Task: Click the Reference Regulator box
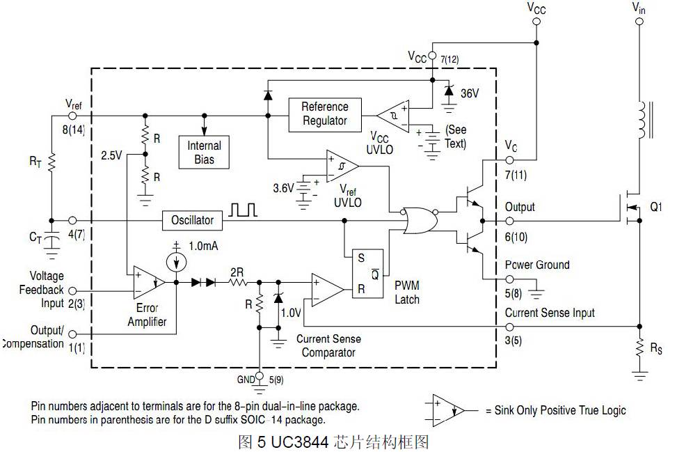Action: tap(324, 114)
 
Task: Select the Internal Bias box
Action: tap(204, 153)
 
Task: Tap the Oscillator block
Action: tap(192, 221)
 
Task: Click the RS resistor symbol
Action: tap(639, 348)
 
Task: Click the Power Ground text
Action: tap(537, 265)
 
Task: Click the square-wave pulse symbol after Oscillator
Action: tap(244, 210)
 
